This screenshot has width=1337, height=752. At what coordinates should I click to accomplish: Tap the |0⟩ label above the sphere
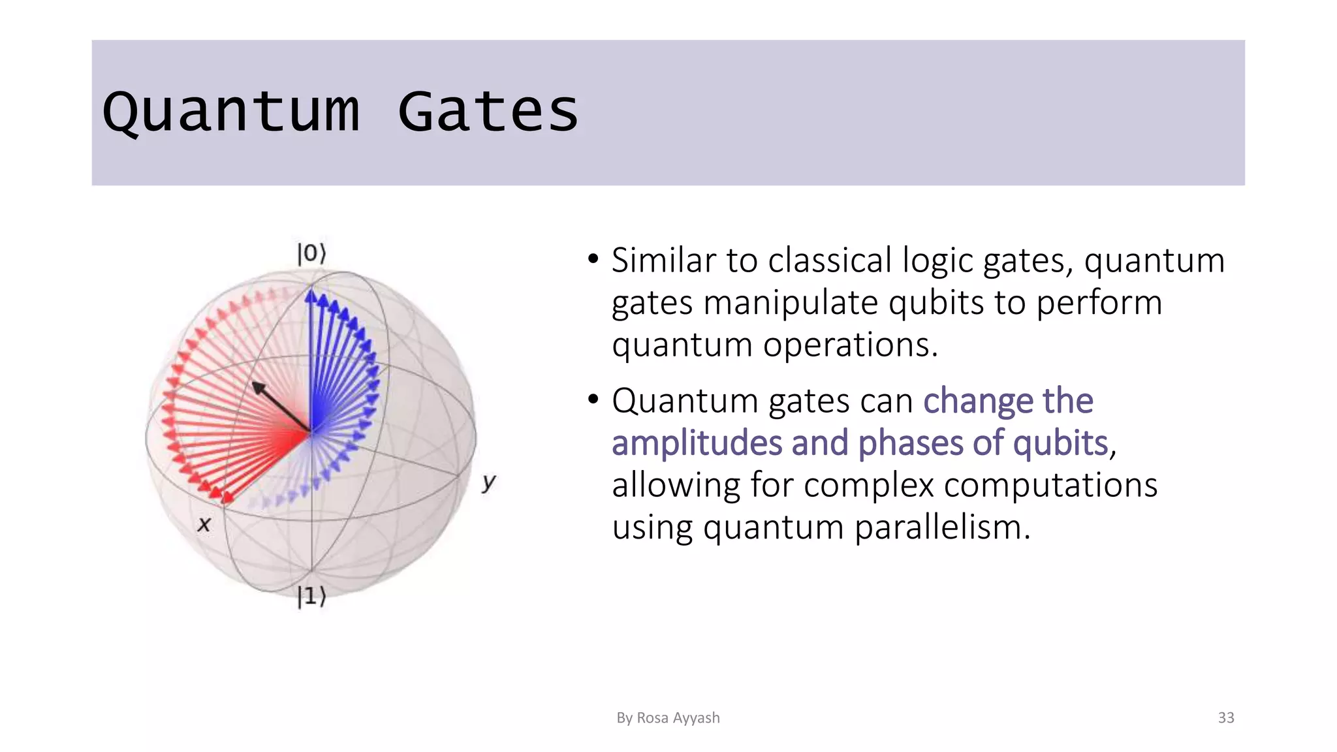tap(311, 253)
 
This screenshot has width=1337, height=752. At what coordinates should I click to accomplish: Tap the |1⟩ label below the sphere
tap(311, 596)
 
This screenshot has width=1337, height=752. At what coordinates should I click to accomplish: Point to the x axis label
tap(204, 524)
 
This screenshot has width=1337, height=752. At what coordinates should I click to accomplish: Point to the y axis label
tap(489, 482)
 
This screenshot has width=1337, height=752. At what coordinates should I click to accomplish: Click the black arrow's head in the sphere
tap(259, 388)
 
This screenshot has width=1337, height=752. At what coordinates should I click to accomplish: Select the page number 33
tap(1225, 717)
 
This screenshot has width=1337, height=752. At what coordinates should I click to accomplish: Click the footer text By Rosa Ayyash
tap(668, 717)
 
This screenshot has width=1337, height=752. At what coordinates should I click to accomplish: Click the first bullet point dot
tap(593, 259)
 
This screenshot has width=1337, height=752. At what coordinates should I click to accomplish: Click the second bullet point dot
tap(593, 399)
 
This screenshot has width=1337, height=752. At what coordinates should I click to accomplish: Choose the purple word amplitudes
tap(697, 443)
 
